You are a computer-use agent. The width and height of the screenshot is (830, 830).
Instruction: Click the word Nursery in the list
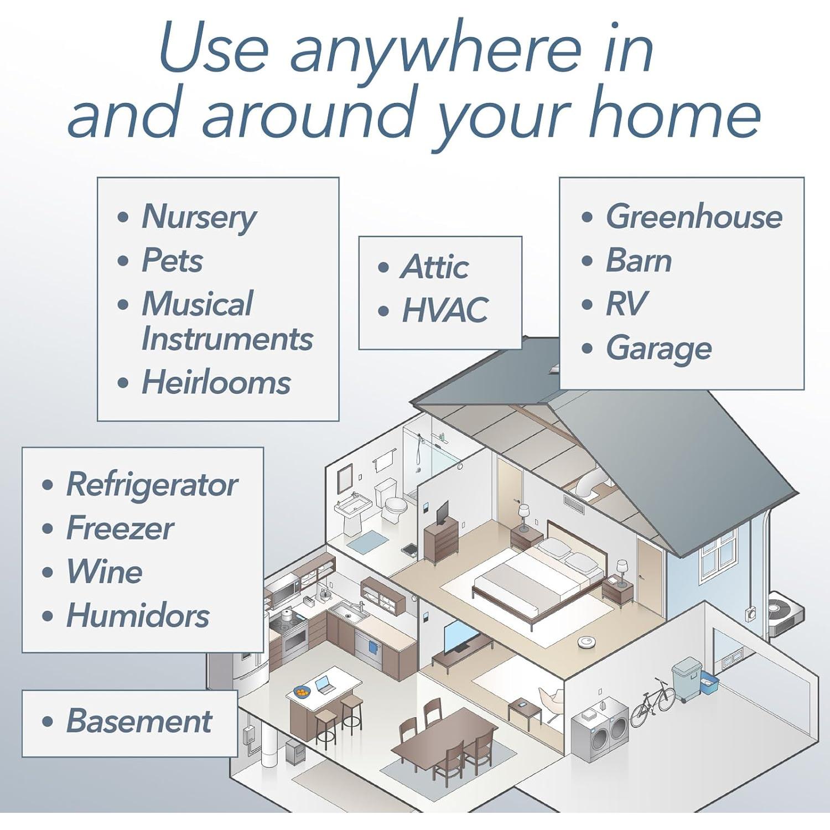click(x=199, y=217)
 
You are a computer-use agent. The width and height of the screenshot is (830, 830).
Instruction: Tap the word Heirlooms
click(x=216, y=382)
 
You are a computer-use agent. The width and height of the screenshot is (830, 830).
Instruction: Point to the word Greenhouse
click(x=694, y=216)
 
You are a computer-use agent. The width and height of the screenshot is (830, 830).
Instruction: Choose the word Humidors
click(x=138, y=615)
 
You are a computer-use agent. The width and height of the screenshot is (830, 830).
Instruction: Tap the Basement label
click(x=139, y=720)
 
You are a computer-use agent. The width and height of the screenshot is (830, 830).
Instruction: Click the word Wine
click(x=105, y=571)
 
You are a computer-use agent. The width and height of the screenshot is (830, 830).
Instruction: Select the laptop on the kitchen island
click(x=324, y=686)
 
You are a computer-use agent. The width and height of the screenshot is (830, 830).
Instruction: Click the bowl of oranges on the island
click(x=302, y=692)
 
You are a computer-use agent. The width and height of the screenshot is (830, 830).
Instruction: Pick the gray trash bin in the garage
click(x=687, y=679)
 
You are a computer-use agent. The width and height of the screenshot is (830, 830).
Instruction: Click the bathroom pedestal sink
click(x=352, y=512)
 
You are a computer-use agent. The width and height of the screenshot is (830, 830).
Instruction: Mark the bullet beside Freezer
click(x=48, y=528)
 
